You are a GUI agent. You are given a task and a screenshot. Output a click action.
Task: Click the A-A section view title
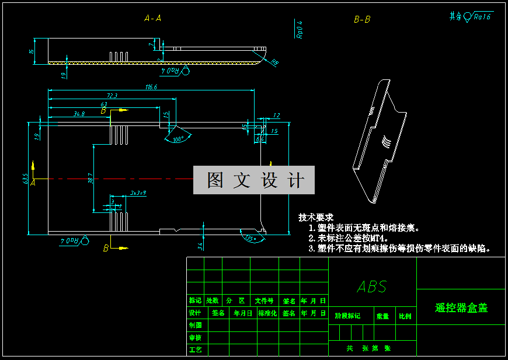(152, 19)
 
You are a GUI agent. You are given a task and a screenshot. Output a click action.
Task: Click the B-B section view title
(362, 19)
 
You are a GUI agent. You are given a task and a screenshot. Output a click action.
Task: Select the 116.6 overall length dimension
(151, 87)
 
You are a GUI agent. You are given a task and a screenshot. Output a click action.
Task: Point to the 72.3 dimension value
(112, 96)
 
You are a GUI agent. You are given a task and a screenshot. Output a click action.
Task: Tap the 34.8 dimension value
(79, 114)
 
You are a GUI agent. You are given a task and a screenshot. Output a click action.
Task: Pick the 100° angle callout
(178, 139)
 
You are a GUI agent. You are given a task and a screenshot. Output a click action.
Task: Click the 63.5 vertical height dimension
(26, 178)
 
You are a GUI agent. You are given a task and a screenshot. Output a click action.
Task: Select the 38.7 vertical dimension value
(90, 178)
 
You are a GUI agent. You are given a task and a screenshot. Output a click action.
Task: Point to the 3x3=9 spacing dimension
(138, 192)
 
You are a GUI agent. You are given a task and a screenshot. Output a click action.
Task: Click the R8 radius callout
(274, 62)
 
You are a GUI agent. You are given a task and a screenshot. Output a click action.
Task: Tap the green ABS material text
(372, 286)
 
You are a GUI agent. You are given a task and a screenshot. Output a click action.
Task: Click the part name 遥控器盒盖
(461, 307)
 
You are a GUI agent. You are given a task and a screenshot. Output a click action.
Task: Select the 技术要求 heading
(315, 217)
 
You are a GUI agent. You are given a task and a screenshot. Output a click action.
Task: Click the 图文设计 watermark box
(255, 180)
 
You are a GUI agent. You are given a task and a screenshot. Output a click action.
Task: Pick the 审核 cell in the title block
(196, 337)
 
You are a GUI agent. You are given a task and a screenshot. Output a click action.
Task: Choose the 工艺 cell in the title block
(196, 349)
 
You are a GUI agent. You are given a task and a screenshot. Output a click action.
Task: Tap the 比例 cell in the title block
(405, 316)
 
